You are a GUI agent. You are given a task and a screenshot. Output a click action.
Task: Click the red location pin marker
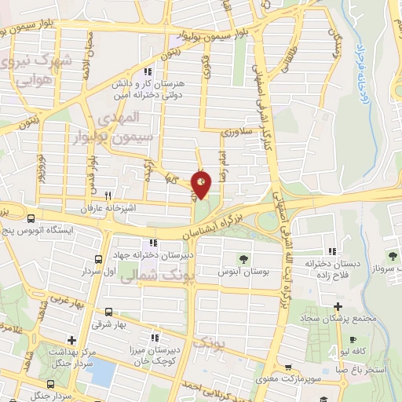[201, 185]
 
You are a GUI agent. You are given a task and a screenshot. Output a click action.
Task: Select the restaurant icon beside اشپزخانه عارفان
[108, 196]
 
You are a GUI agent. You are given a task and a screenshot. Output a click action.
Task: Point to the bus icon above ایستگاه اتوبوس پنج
[30, 220]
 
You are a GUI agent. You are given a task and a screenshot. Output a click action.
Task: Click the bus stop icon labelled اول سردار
[99, 258]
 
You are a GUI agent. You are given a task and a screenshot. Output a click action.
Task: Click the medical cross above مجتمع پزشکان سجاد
[338, 306]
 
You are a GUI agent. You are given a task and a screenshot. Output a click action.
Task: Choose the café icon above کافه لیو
[352, 341]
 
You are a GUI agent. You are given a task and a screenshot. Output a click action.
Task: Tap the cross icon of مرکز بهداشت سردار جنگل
[71, 340]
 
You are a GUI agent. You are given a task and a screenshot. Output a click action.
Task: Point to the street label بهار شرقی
[108, 323]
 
